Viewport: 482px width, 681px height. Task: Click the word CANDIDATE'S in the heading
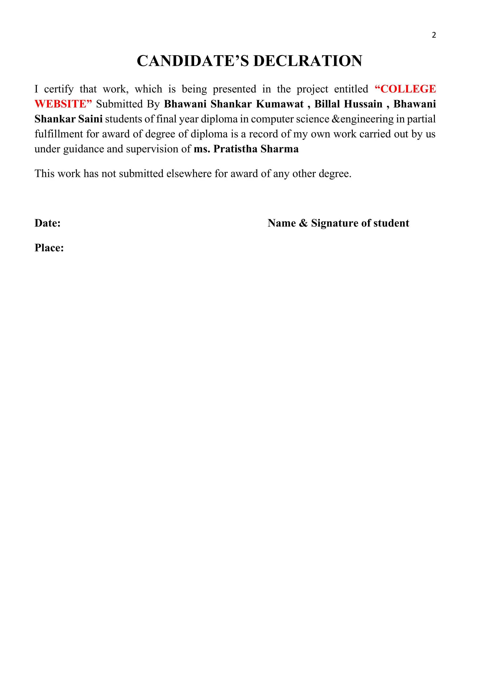[x=193, y=61]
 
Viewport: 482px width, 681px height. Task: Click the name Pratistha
[x=235, y=149]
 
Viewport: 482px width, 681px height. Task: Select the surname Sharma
[x=279, y=149]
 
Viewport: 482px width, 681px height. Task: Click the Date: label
[x=48, y=223]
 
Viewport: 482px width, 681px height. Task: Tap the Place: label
[x=49, y=248]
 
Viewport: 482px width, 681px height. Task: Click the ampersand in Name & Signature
[x=303, y=223]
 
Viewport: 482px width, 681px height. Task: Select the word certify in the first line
[x=59, y=89]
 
